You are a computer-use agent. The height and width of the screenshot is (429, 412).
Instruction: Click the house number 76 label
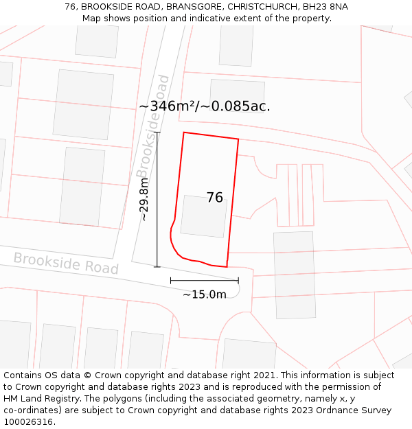point(215,198)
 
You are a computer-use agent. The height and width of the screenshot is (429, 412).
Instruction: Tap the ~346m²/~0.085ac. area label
point(205,106)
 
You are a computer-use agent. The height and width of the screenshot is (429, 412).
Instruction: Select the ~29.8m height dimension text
point(144,199)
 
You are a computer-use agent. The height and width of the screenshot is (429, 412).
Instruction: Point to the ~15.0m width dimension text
point(205,294)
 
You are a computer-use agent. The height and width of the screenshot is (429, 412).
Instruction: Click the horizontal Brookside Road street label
point(66,263)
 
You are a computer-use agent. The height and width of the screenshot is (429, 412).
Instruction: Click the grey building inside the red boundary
point(204,216)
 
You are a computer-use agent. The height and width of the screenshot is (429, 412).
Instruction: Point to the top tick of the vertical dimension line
point(157,132)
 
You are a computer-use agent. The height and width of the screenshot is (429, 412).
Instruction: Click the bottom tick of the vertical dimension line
point(157,266)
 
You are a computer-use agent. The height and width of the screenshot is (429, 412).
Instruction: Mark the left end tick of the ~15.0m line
point(171,280)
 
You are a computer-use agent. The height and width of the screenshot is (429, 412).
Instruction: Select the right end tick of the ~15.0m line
point(238,280)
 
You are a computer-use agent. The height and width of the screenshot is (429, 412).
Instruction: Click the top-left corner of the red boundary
point(183,132)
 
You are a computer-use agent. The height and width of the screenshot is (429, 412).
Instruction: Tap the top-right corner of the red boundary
point(238,139)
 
